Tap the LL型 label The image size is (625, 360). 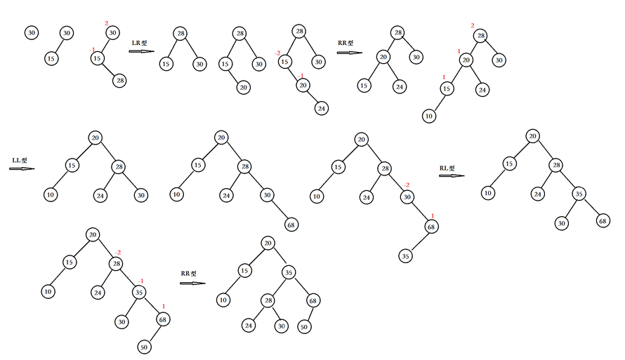point(19,161)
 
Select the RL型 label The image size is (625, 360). point(447,168)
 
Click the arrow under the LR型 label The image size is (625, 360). point(141,51)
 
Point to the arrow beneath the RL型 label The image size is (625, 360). point(451,176)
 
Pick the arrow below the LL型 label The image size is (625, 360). point(22,169)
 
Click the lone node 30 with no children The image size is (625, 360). point(31,33)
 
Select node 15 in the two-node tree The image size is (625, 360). point(51,59)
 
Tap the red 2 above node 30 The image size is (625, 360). point(107,24)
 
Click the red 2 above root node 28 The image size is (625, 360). point(473,26)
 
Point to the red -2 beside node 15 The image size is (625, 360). point(277,53)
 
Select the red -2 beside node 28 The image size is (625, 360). point(118,253)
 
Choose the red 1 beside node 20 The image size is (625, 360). point(459,51)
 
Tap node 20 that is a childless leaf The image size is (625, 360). point(243,87)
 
